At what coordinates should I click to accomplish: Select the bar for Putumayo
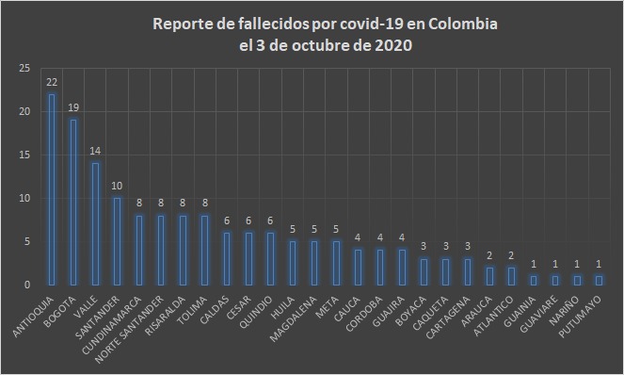(599, 280)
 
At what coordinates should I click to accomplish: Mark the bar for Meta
(336, 263)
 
